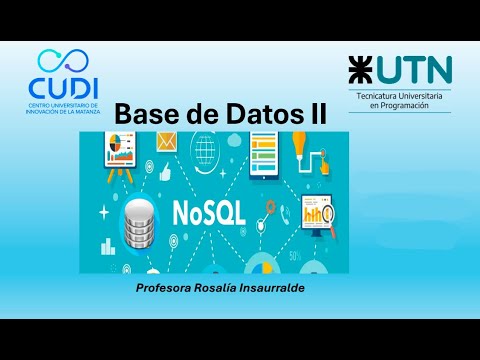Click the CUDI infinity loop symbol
click(x=62, y=61)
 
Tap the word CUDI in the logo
click(x=62, y=86)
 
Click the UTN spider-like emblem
click(x=361, y=70)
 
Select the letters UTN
click(x=413, y=70)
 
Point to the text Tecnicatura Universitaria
click(x=399, y=95)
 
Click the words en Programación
click(x=399, y=105)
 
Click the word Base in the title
click(x=147, y=114)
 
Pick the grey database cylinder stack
click(x=139, y=222)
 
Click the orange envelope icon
click(x=165, y=143)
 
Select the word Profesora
click(x=166, y=288)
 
